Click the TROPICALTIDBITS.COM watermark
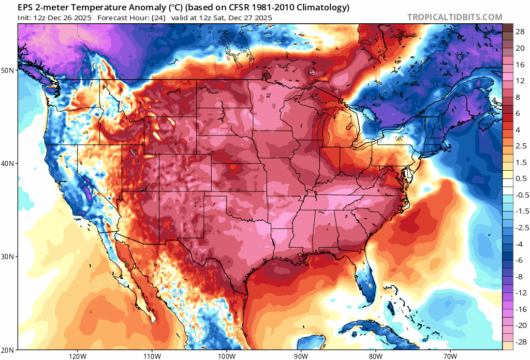tap(454, 17)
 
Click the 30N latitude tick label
tap(9, 257)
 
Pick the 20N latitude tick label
tap(9, 350)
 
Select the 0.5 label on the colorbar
tap(520, 178)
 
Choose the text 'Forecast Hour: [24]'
tap(131, 18)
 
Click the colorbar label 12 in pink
tap(520, 81)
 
